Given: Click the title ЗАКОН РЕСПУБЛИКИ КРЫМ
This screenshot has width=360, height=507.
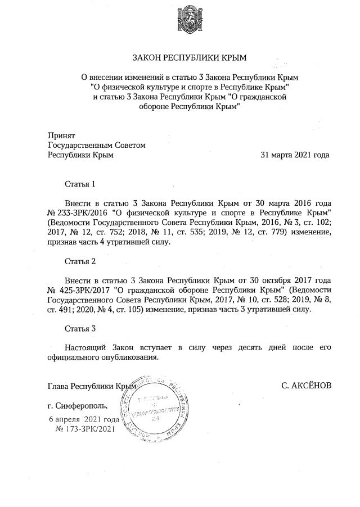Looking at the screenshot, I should (189, 58).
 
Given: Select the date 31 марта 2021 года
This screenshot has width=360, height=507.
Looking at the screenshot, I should (295, 155).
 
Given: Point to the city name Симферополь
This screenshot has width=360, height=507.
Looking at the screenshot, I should (85, 405).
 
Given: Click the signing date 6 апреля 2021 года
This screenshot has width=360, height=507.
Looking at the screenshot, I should (84, 419).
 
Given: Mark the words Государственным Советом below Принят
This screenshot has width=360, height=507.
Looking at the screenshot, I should (97, 145).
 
